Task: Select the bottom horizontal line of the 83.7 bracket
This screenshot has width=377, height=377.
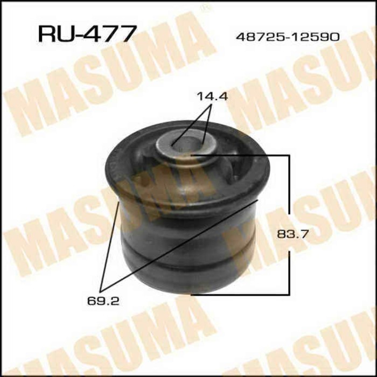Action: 242,294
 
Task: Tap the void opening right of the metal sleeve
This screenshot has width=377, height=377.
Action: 237,164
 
